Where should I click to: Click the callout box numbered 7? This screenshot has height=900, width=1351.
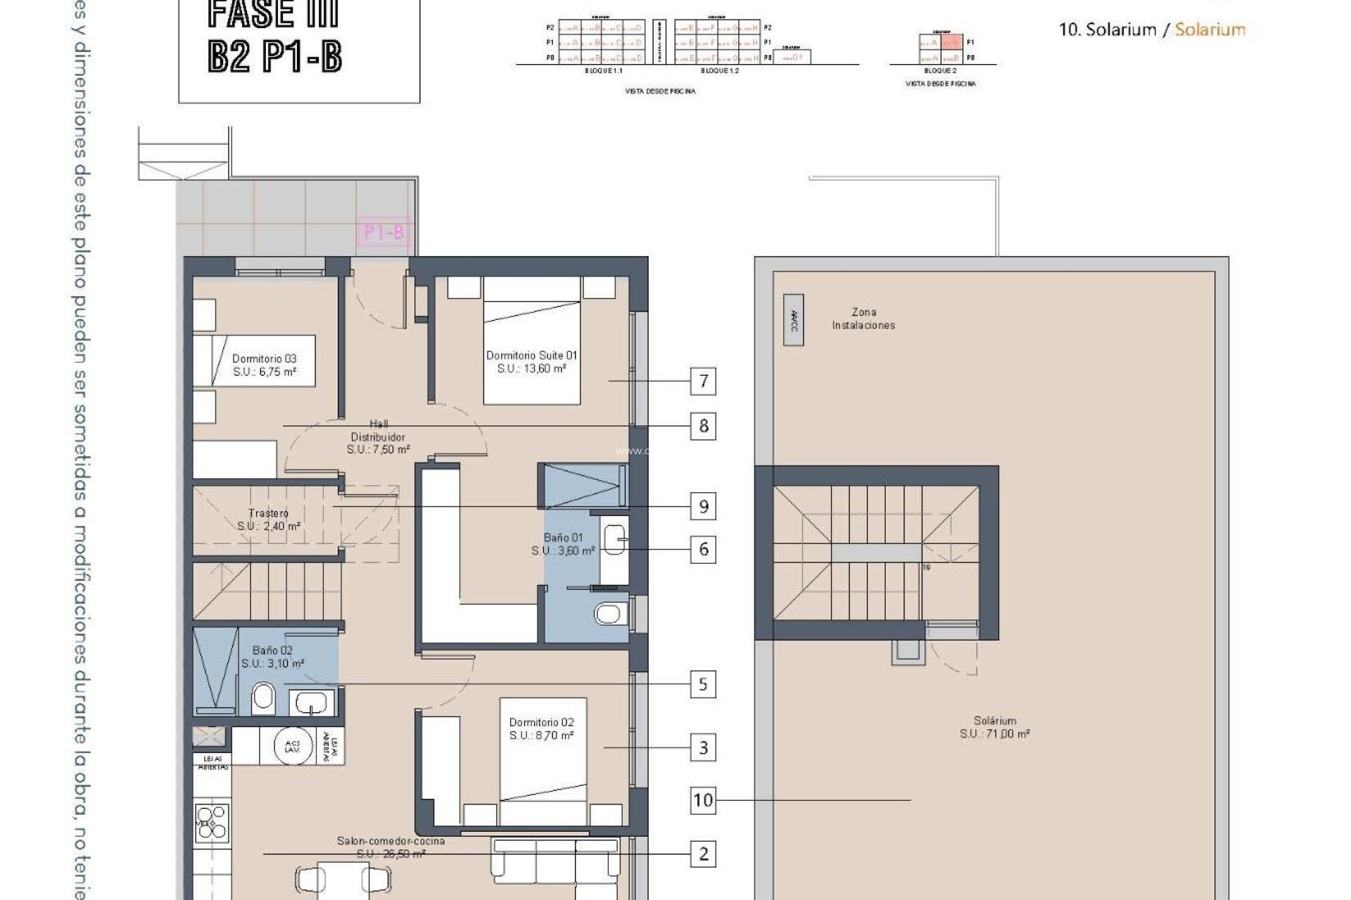tap(703, 381)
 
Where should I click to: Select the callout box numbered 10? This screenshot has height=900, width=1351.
tap(703, 799)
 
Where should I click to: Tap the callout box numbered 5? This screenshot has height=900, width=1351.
tap(703, 684)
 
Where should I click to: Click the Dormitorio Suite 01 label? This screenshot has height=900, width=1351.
tap(531, 361)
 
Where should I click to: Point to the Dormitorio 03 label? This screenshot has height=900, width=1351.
tap(264, 365)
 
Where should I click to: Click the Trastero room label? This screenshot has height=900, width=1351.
tap(268, 520)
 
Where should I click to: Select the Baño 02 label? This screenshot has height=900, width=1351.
tap(272, 657)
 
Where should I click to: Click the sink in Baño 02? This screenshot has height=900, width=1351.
tap(311, 702)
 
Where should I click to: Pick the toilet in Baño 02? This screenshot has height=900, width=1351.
tap(263, 698)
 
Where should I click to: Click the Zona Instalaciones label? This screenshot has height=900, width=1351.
tap(863, 319)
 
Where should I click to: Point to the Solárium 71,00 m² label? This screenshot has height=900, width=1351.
tap(995, 727)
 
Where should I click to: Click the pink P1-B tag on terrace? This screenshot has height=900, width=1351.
tap(383, 231)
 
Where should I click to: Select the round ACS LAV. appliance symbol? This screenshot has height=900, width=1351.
tap(293, 746)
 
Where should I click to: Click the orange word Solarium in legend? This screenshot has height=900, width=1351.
tap(1210, 30)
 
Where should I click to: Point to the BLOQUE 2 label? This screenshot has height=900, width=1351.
tap(939, 71)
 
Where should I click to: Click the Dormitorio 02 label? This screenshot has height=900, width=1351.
tap(541, 728)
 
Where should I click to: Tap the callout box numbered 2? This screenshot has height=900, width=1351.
tap(703, 854)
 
